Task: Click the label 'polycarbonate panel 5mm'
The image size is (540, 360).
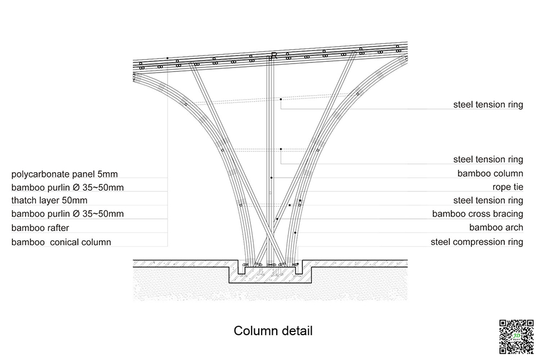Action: [64, 174]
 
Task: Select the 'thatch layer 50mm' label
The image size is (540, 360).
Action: [49, 200]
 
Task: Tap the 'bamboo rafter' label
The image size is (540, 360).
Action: [40, 228]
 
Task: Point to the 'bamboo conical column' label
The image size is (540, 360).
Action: [61, 242]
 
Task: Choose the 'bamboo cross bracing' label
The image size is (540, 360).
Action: [478, 214]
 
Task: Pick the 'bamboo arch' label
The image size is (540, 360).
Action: [496, 227]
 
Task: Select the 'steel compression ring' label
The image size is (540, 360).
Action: [477, 242]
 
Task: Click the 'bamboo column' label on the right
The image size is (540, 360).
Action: [490, 173]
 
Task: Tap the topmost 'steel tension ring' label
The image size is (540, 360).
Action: [488, 105]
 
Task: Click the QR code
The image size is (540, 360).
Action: [516, 336]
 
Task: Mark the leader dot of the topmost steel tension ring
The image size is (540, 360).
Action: [281, 100]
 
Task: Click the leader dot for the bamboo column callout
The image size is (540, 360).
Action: [272, 177]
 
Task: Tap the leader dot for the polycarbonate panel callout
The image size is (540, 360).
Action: [168, 57]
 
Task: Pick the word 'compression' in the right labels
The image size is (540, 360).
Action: [481, 242]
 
